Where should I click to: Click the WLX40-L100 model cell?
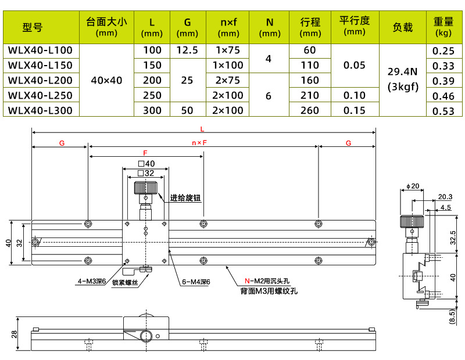click(x=40, y=51)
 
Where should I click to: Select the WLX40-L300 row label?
click(x=40, y=110)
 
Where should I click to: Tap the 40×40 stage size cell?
click(x=107, y=80)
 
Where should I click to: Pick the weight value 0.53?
click(x=443, y=110)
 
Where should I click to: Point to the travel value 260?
click(x=310, y=110)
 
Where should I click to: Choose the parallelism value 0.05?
click(x=355, y=65)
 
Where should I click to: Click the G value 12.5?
click(x=187, y=51)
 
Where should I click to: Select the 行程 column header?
click(x=310, y=27)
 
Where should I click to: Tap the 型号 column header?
click(x=33, y=27)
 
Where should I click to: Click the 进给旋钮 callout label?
click(x=185, y=198)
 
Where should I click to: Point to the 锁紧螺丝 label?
click(x=125, y=282)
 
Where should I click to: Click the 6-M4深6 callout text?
click(x=196, y=282)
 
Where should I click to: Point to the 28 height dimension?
click(x=15, y=334)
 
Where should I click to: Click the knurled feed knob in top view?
click(x=145, y=188)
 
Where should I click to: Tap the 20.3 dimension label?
click(x=445, y=196)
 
